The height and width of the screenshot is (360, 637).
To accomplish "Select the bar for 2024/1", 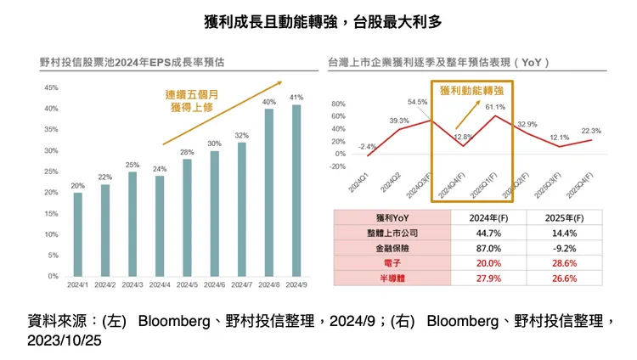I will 78,234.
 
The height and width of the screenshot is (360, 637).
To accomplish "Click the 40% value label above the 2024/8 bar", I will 269,102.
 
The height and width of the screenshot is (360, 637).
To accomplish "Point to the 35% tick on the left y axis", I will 51,130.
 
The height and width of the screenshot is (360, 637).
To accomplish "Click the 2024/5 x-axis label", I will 187,285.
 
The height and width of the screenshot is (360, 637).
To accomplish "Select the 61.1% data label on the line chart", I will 495,107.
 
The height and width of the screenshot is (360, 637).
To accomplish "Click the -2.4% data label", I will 367,147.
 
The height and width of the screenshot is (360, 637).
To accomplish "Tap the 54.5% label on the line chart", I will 418,102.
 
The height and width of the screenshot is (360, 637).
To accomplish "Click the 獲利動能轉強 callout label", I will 471,89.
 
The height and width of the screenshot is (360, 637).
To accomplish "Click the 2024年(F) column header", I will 488,217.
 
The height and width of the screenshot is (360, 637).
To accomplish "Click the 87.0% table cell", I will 488,248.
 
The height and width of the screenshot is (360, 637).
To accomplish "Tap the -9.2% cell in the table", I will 565,248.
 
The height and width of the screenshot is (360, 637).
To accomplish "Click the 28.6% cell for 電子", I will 565,263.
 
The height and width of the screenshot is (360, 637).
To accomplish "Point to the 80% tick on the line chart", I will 339,104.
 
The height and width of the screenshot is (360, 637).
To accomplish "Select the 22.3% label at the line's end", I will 591,131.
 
